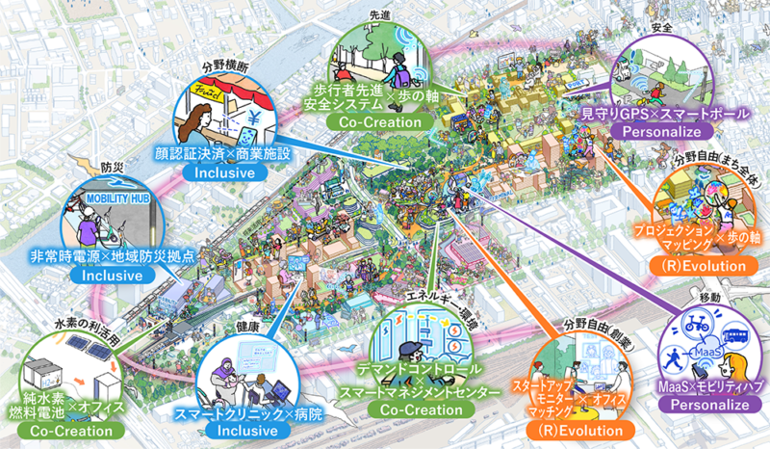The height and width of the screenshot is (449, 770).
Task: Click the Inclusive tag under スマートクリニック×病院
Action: point(254,435)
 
